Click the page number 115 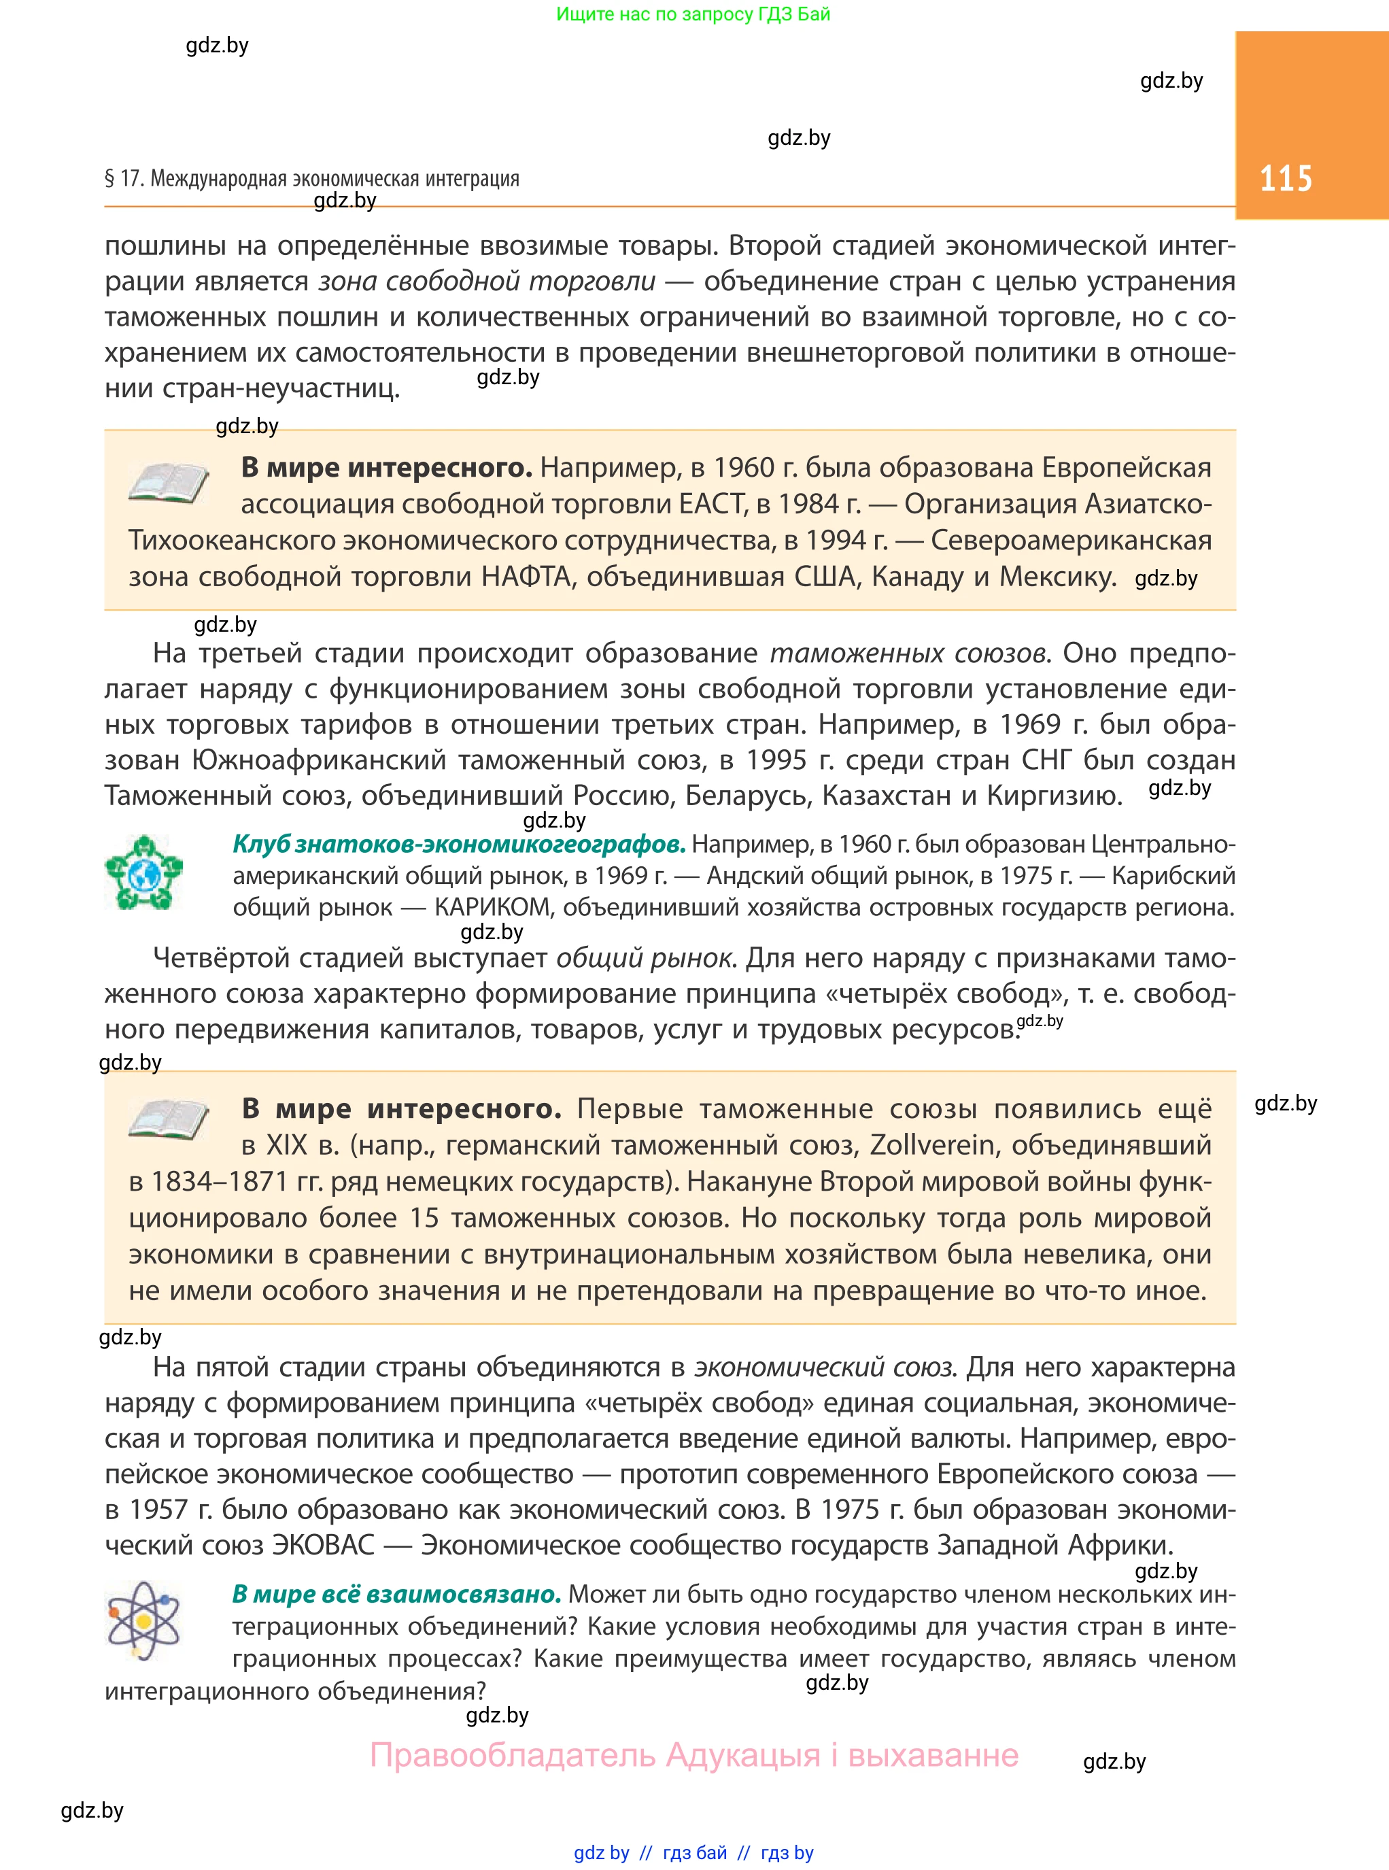point(1285,178)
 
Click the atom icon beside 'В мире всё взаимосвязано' point(143,1620)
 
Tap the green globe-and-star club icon point(143,872)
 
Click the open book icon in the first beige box point(168,483)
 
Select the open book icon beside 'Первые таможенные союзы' point(168,1120)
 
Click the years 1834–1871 point(220,1181)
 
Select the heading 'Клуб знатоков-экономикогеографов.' point(459,843)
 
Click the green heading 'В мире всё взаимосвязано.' point(396,1594)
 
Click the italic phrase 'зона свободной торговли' point(487,281)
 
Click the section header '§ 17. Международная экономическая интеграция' point(312,178)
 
